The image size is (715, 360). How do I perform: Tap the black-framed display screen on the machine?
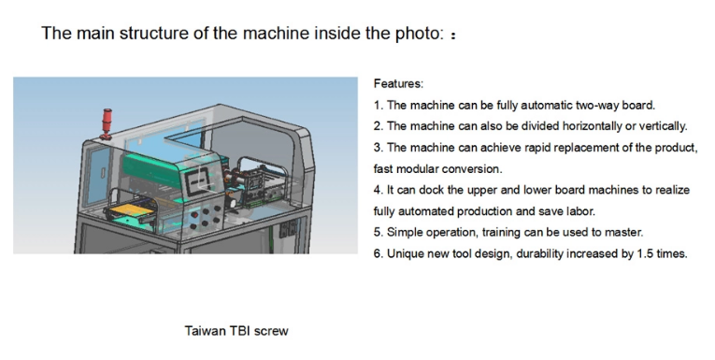(x=200, y=180)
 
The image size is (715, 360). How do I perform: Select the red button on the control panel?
(x=194, y=214)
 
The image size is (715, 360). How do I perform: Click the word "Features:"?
(x=398, y=84)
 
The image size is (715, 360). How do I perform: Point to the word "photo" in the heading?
(x=420, y=34)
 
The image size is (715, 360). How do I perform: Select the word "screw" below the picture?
(x=271, y=331)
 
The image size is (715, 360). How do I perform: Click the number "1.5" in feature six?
(x=645, y=253)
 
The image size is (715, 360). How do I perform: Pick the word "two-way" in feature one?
(x=597, y=106)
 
